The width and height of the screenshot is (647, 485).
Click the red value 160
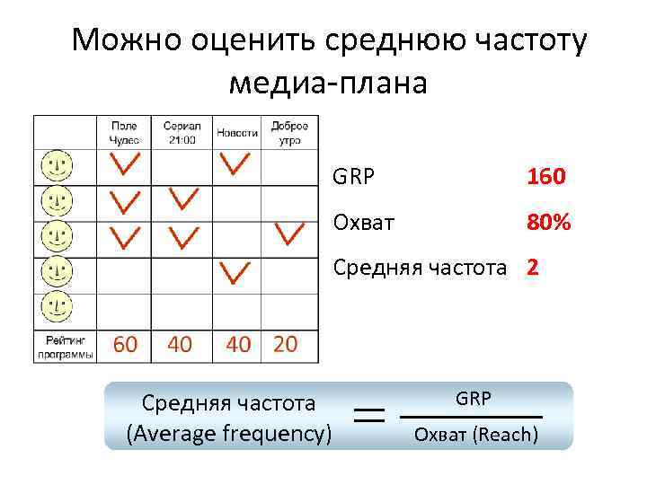pos(546,176)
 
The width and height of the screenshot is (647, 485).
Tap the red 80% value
pos(549,222)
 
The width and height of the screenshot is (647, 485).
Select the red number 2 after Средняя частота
pos(533,267)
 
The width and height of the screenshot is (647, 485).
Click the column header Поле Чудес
pos(124,132)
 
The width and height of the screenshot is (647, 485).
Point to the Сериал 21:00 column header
pos(182,132)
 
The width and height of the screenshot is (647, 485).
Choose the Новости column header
pos(236,133)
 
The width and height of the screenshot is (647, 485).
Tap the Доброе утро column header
pos(289,132)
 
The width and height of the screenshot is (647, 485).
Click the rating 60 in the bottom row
pos(124,344)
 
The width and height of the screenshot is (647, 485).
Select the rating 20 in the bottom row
pos(284,344)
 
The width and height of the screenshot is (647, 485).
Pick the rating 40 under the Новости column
pos(238,344)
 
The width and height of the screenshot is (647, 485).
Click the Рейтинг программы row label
pos(65,345)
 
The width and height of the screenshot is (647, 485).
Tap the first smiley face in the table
pos(57,166)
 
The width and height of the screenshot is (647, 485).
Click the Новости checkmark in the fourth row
pos(235,270)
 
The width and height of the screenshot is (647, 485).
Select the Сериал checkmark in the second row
pos(183,198)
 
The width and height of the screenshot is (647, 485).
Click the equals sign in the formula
pos(369,415)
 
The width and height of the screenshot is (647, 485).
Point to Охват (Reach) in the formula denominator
pos(474,436)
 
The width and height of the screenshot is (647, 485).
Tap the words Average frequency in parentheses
pos(230,435)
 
